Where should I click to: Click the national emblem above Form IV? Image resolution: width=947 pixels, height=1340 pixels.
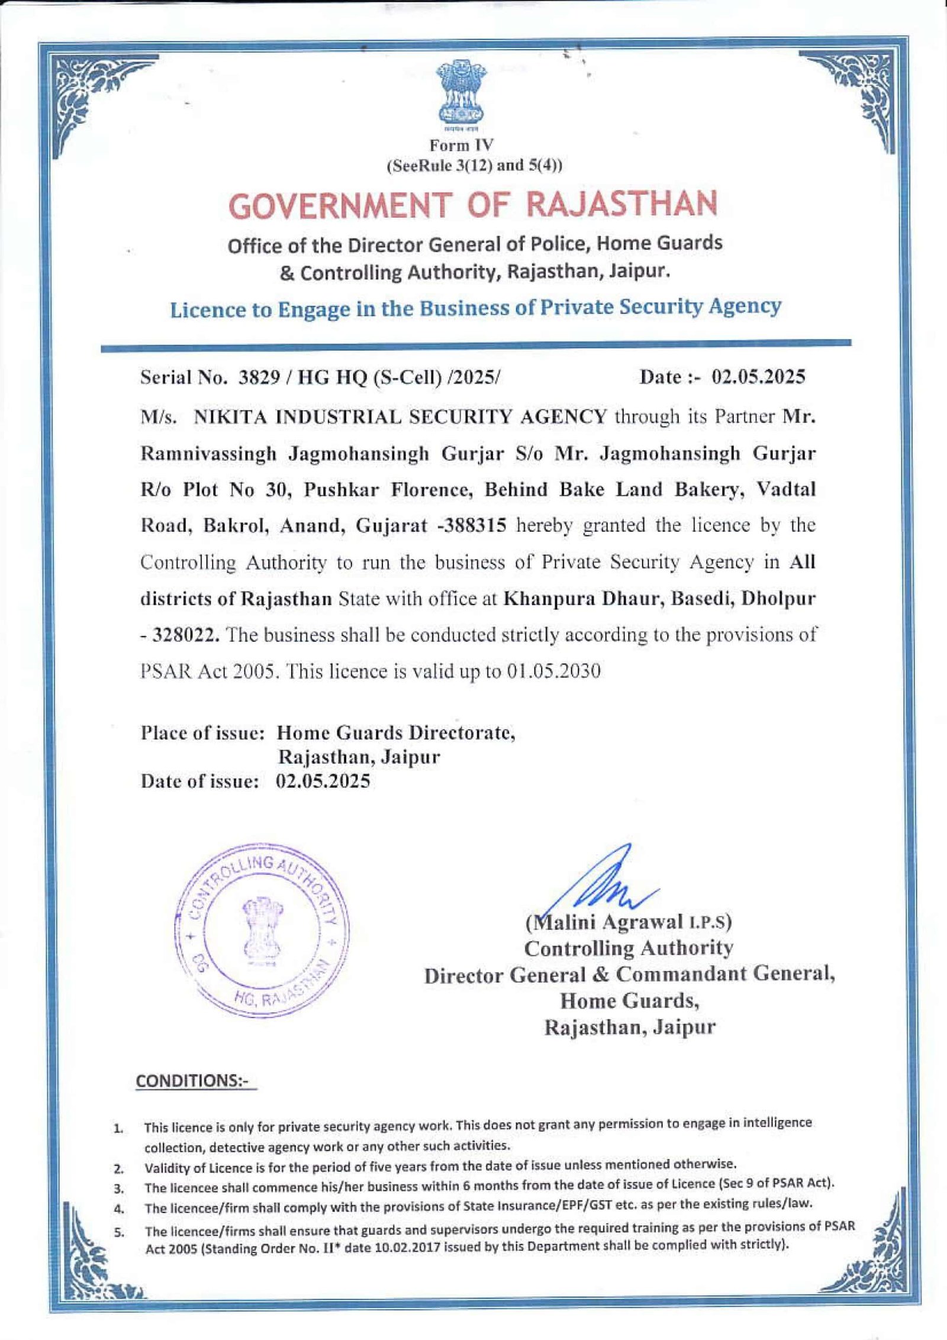pos(460,95)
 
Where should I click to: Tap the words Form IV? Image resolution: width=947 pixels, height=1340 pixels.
pos(461,145)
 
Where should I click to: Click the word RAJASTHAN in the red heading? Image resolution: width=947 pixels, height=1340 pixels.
pos(621,204)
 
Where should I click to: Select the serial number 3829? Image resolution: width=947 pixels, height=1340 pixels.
pos(259,377)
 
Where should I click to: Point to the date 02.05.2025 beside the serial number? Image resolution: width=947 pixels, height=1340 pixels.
pos(758,377)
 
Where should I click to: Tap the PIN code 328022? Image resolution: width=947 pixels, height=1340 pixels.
pos(186,635)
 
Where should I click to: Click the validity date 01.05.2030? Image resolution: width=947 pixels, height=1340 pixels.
pos(553,671)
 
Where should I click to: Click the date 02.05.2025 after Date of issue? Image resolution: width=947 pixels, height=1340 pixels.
pos(323,782)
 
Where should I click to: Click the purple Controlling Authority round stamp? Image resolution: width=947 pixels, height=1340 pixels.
pos(262,934)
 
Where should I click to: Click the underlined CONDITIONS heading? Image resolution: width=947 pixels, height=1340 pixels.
pos(195,1081)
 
